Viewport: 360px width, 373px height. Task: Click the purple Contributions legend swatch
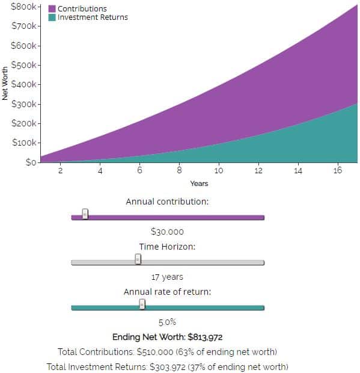coord(52,9)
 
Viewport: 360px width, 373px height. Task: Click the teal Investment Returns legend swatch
coord(52,17)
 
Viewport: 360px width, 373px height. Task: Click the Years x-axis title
coord(199,183)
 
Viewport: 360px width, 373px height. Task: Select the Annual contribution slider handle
coord(85,214)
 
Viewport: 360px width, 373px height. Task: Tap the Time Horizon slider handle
coord(138,259)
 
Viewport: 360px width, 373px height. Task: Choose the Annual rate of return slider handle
coord(142,304)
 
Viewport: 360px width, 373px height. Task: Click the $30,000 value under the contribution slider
coord(167,232)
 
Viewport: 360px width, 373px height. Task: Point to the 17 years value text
coord(167,277)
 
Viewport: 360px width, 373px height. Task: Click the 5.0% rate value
coord(167,322)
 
